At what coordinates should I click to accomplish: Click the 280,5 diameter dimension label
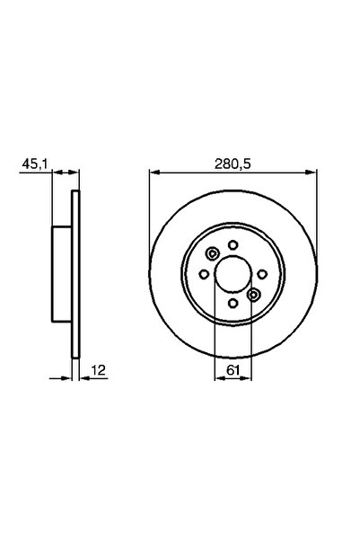[233, 164]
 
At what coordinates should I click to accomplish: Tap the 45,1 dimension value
[34, 164]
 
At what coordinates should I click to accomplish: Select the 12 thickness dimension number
[99, 370]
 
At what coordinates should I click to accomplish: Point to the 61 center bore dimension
[233, 370]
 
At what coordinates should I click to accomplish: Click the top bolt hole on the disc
[233, 245]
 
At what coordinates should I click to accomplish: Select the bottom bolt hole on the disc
[233, 304]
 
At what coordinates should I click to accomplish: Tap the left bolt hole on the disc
[204, 274]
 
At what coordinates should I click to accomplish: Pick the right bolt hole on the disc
[263, 274]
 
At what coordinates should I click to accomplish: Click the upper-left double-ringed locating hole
[213, 253]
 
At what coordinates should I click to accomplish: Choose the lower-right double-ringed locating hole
[254, 295]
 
